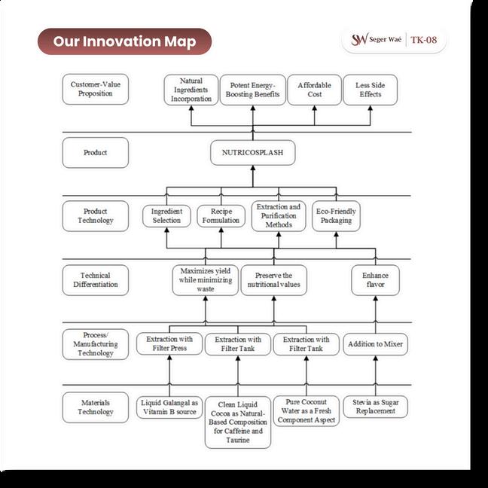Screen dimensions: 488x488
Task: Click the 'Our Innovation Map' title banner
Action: click(x=124, y=41)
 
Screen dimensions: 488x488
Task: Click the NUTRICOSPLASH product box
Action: click(x=252, y=153)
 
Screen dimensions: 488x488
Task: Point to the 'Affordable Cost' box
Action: click(x=314, y=90)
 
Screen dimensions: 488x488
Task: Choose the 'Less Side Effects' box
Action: click(x=369, y=90)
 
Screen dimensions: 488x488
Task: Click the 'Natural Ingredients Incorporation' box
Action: click(x=191, y=90)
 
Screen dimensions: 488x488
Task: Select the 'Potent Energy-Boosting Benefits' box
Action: click(x=252, y=90)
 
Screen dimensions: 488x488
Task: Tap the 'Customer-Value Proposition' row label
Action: click(x=96, y=89)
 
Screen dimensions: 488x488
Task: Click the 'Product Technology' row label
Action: click(x=96, y=216)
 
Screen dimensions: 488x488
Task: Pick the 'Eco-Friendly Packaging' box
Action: click(x=335, y=217)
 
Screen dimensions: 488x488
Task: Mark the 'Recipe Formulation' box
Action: click(x=221, y=217)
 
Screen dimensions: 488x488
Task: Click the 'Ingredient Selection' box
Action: click(x=166, y=217)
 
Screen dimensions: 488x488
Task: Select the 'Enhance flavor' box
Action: click(x=375, y=279)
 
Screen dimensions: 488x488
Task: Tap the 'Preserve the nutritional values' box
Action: click(x=273, y=280)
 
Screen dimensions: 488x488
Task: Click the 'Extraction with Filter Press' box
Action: click(x=169, y=344)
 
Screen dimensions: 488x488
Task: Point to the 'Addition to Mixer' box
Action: click(x=375, y=344)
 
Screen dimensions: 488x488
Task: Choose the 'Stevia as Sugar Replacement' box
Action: click(x=375, y=407)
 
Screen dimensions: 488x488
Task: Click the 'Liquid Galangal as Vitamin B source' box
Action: click(x=169, y=407)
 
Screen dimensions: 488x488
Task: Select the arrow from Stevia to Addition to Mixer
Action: click(x=375, y=374)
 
